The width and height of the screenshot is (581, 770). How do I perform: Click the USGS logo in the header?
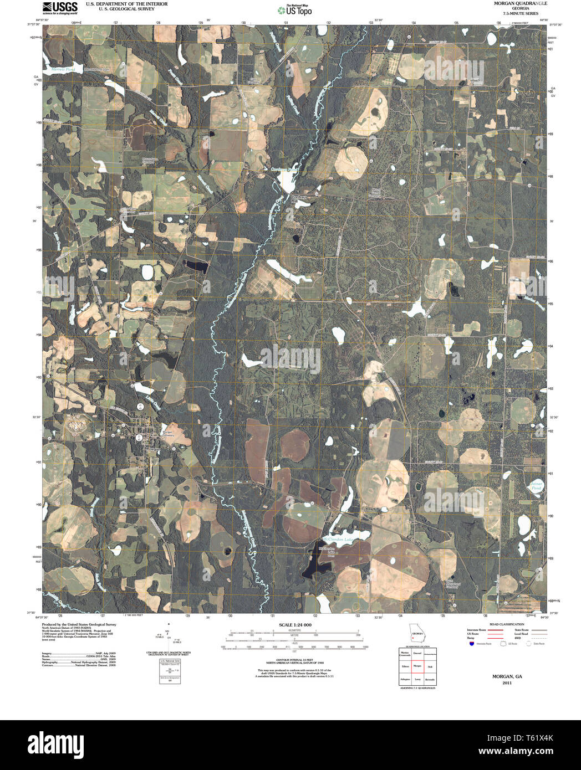[60, 7]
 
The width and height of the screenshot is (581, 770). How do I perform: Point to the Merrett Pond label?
[62, 70]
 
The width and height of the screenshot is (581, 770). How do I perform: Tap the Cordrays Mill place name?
[299, 199]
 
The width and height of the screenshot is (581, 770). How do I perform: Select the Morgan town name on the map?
[152, 449]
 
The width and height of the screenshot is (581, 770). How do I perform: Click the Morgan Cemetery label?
[168, 434]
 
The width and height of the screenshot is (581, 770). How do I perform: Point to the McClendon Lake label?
[338, 538]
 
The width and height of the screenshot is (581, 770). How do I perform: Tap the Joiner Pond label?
[536, 485]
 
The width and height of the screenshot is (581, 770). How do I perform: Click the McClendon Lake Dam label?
[327, 552]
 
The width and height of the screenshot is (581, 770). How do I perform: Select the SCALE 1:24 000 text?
[295, 625]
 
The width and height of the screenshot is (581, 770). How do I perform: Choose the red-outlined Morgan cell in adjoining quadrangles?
[417, 665]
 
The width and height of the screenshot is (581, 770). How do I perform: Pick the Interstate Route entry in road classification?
[477, 630]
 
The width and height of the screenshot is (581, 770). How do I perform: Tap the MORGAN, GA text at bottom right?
[507, 676]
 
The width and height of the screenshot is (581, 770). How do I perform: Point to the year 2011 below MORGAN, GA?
[507, 683]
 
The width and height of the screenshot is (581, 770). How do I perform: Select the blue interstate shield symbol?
[471, 644]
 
